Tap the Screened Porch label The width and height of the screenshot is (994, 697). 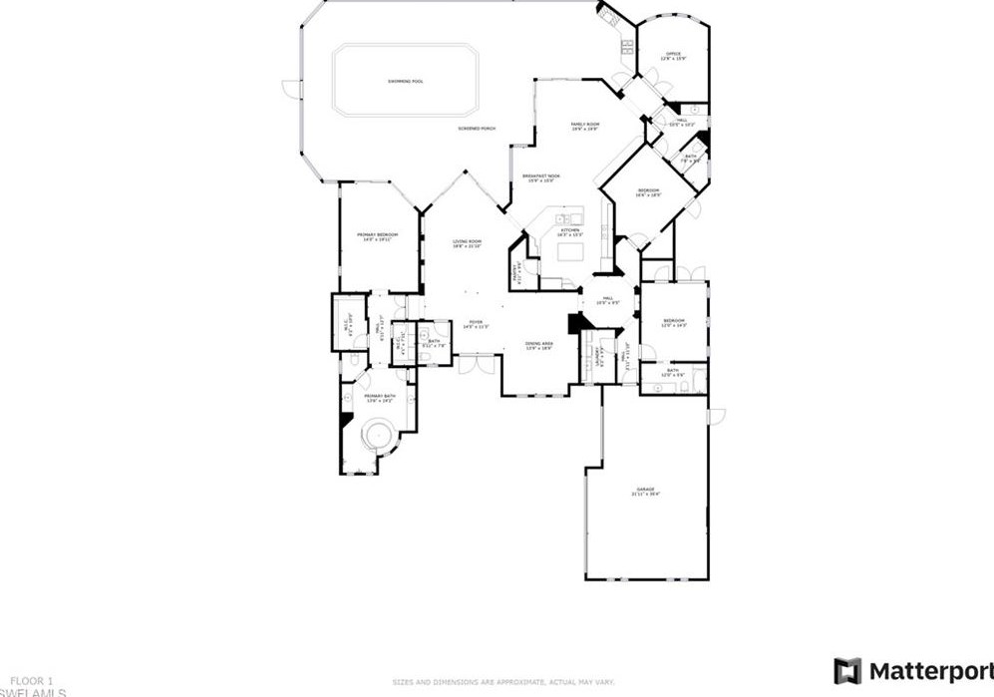point(477,129)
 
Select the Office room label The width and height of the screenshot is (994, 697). point(673,56)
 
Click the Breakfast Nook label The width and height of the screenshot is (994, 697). point(541,178)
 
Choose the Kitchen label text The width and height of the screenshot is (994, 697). point(569,232)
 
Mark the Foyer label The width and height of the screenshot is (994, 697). point(476,324)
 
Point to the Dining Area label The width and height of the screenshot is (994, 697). point(539,346)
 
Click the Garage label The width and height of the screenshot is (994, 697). point(646,491)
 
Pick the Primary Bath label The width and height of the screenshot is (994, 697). point(380,398)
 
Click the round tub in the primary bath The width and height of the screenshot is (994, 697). point(378,434)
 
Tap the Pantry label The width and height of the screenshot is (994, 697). point(516,273)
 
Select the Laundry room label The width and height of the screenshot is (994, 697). point(598,353)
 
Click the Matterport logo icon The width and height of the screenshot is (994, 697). point(847,671)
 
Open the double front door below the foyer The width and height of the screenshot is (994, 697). point(477,364)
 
